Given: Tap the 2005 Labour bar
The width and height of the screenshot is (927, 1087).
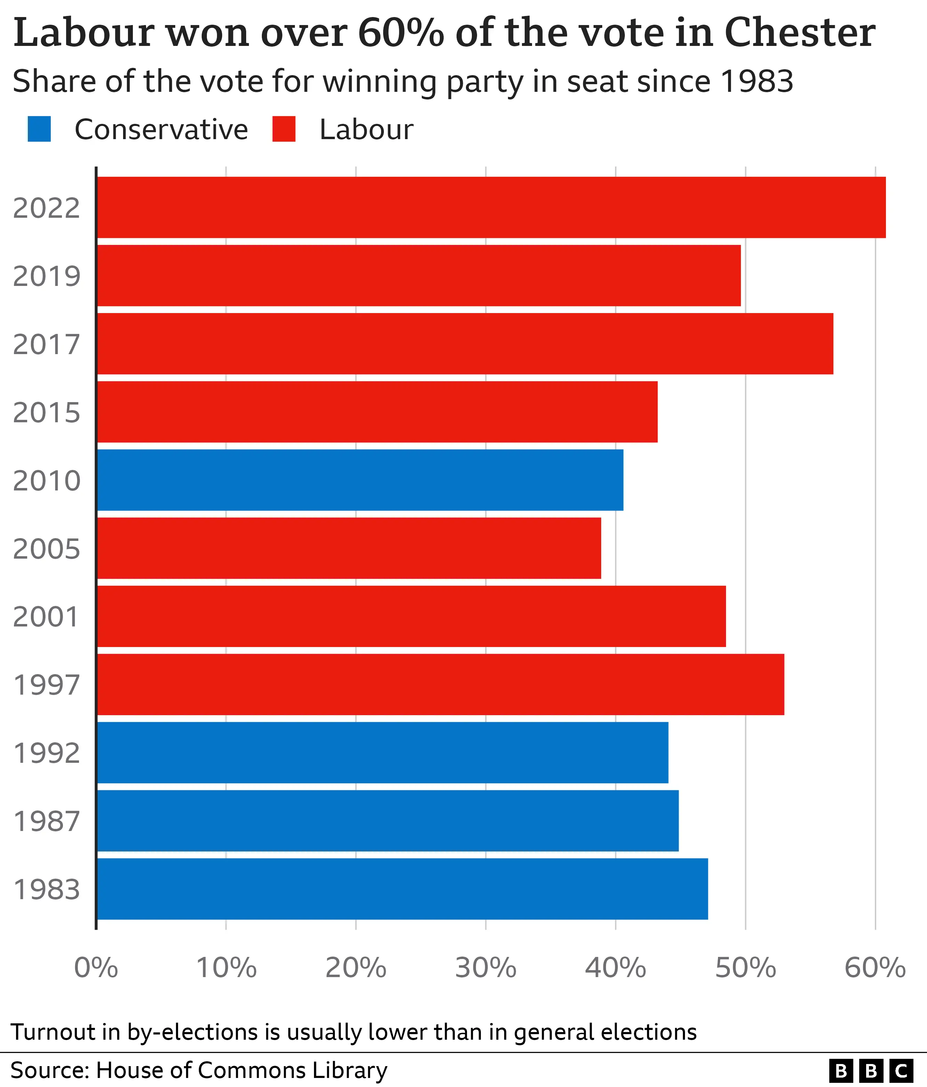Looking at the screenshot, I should coord(349,548).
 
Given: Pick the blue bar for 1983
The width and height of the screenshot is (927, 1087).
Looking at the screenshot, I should coord(402,889).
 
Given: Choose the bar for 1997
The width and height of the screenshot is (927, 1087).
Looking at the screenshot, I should coord(441,684).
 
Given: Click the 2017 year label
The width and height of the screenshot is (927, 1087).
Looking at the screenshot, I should coord(47,345).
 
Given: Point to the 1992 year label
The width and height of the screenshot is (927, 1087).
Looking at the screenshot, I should coord(47,753).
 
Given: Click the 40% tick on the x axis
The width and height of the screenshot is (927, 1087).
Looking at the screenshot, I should coord(615,968).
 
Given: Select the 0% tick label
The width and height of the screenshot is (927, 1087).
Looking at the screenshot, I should coord(96,968).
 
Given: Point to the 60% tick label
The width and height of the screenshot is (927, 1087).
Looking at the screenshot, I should coord(874,968).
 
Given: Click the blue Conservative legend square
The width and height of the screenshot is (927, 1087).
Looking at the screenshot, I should coord(39,129).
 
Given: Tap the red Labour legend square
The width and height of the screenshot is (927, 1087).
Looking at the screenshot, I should coord(284,129).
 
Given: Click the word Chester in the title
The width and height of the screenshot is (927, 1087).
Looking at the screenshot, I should coord(800,33).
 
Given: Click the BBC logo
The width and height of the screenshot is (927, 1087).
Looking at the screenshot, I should coord(871,1071).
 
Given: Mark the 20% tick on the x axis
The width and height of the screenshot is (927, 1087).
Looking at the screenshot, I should coord(356,968).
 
